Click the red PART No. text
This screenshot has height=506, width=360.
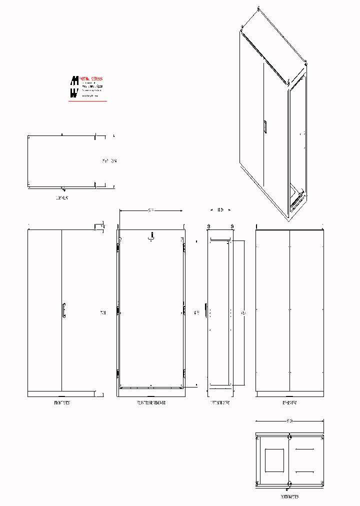[x=91, y=79]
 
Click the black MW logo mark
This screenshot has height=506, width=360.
[x=74, y=86]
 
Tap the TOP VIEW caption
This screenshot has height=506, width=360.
[x=62, y=198]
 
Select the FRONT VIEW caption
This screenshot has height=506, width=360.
[x=62, y=402]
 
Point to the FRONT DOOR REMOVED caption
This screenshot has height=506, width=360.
[x=151, y=402]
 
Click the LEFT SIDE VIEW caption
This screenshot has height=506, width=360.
[x=219, y=402]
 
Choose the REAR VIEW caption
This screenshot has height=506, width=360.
[x=289, y=402]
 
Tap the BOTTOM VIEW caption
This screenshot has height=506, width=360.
[x=289, y=497]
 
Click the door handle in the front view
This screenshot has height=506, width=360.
[x=63, y=310]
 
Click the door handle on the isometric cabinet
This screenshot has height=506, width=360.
[x=265, y=127]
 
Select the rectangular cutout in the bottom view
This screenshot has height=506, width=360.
[x=274, y=460]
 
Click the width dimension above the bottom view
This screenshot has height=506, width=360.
[x=289, y=420]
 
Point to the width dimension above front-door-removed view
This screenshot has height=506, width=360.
[x=151, y=210]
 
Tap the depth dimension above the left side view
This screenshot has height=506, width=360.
[x=220, y=210]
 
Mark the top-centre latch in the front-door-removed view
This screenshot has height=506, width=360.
[x=151, y=237]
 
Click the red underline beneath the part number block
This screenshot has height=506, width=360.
[x=87, y=101]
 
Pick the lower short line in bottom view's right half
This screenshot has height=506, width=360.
[x=305, y=471]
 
